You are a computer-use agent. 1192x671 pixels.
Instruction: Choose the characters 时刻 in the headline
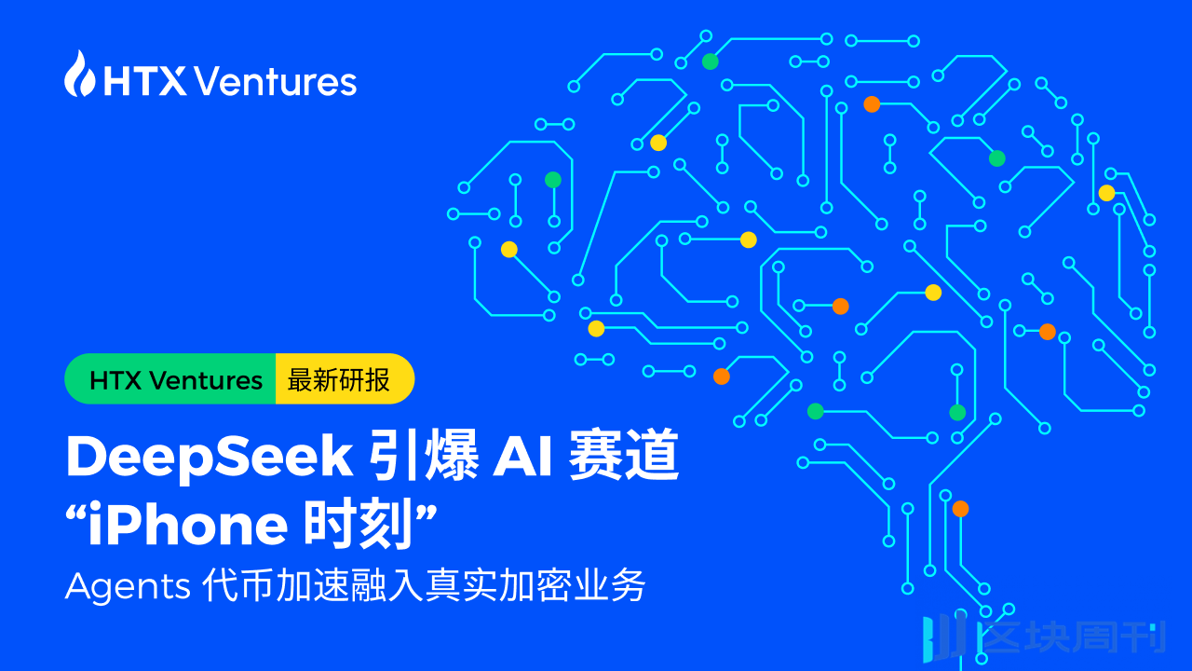pos(359,527)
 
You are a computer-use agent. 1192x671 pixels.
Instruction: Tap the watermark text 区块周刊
pos(1071,637)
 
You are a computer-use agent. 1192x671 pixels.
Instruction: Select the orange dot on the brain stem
pos(960,509)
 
